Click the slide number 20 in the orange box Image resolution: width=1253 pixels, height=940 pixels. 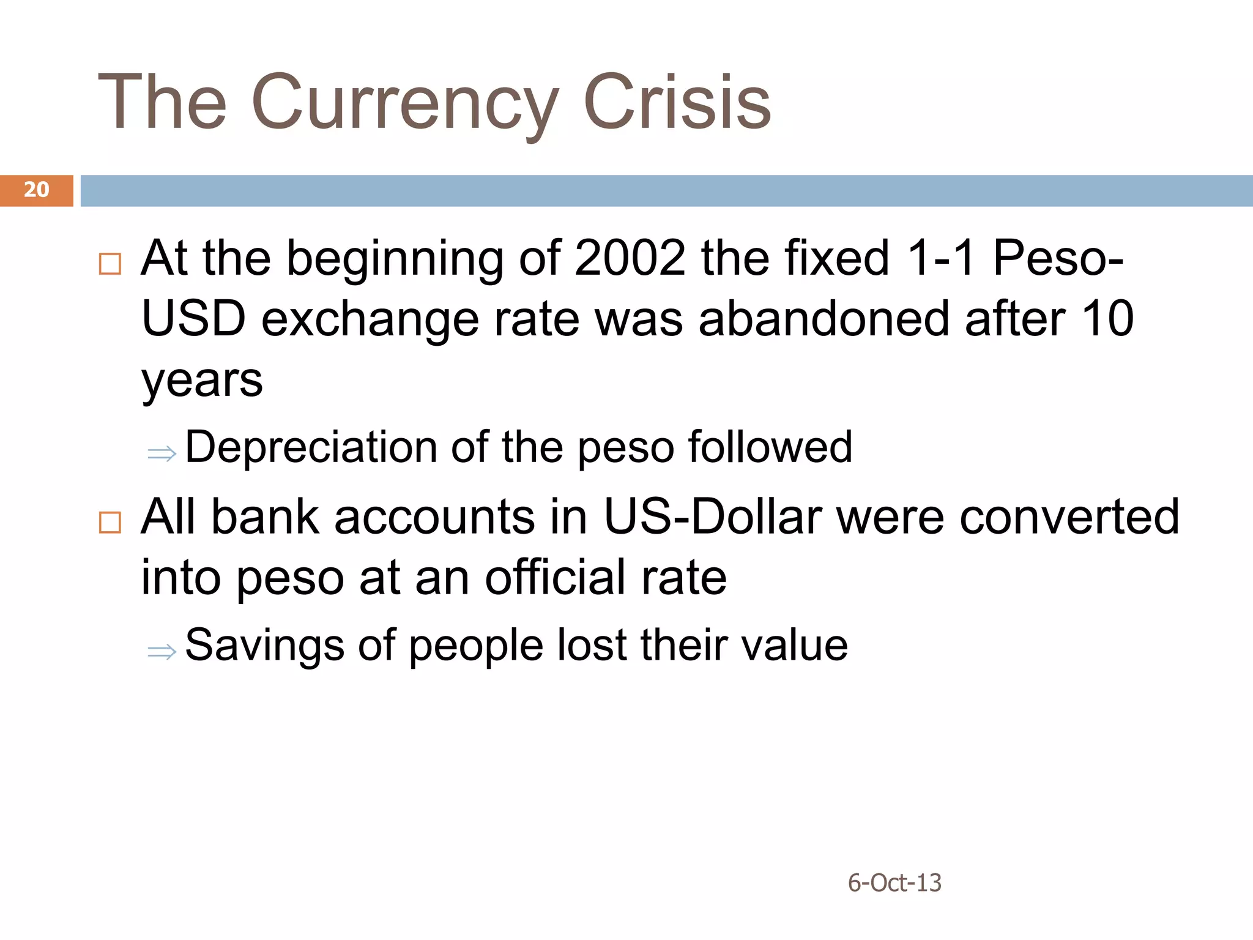coord(36,190)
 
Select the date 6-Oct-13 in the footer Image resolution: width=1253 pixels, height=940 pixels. coord(894,882)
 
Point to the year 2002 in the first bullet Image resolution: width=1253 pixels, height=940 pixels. coord(630,258)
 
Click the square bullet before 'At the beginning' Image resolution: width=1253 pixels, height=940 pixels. coord(110,264)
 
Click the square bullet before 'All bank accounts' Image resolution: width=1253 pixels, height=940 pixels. coord(110,522)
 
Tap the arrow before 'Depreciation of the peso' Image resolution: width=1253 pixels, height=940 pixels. coord(162,453)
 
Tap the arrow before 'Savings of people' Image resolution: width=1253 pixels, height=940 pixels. coord(162,651)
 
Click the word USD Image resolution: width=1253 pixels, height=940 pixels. coord(193,319)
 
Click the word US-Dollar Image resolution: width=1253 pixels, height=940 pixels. coord(712,517)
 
